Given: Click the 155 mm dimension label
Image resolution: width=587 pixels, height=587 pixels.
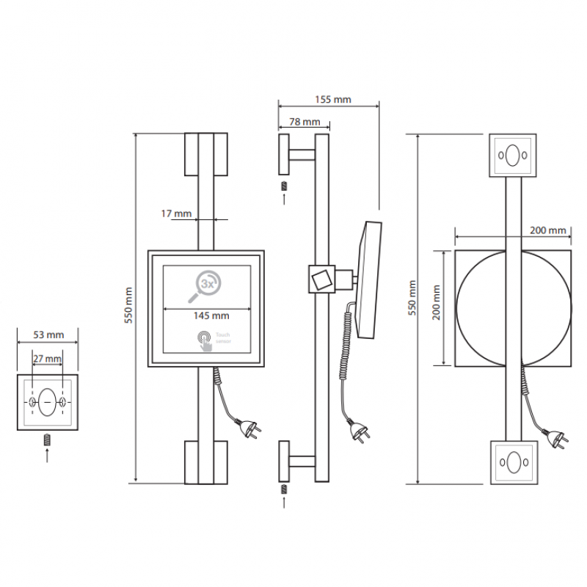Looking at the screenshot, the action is click(x=333, y=100).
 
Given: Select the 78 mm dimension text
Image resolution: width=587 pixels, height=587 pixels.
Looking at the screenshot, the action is click(x=305, y=122).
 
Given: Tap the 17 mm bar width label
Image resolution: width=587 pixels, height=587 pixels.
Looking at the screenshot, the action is click(x=176, y=214).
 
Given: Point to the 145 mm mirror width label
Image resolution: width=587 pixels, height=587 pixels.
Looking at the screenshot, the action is click(x=211, y=316).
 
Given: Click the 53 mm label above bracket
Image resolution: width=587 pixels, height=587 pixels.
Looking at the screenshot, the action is click(x=48, y=335).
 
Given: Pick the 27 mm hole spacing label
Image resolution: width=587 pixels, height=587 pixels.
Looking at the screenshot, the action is click(x=47, y=359).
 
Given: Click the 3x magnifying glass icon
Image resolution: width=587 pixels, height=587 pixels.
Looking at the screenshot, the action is click(x=205, y=286).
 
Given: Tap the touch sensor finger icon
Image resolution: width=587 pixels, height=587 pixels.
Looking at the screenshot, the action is click(x=205, y=341).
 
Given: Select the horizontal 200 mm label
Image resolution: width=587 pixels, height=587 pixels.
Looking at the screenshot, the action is click(x=547, y=230).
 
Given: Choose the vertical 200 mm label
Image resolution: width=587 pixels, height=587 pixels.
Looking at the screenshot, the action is click(x=436, y=302).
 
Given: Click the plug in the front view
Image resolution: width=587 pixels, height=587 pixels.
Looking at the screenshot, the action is click(x=249, y=429).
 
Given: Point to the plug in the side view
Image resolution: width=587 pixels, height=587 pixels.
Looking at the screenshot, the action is click(x=359, y=431).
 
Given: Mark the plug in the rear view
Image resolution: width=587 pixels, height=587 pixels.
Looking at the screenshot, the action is click(x=557, y=438).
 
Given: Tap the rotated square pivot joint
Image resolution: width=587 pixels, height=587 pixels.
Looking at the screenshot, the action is click(x=321, y=280).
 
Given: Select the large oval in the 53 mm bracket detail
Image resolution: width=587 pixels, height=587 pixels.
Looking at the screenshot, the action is click(x=47, y=402).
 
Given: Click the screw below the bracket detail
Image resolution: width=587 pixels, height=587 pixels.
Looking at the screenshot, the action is click(x=47, y=440).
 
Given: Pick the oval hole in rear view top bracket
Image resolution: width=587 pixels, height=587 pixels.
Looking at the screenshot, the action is click(x=512, y=155).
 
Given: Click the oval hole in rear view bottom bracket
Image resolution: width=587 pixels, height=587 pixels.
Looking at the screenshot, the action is click(x=514, y=463).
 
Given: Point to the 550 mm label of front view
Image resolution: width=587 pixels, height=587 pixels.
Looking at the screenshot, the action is click(x=128, y=305).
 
